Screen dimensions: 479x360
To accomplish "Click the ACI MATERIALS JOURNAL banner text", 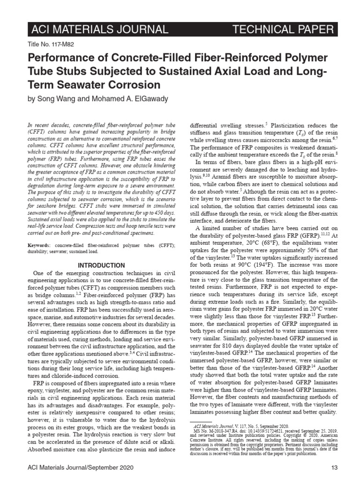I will [x=99, y=30].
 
